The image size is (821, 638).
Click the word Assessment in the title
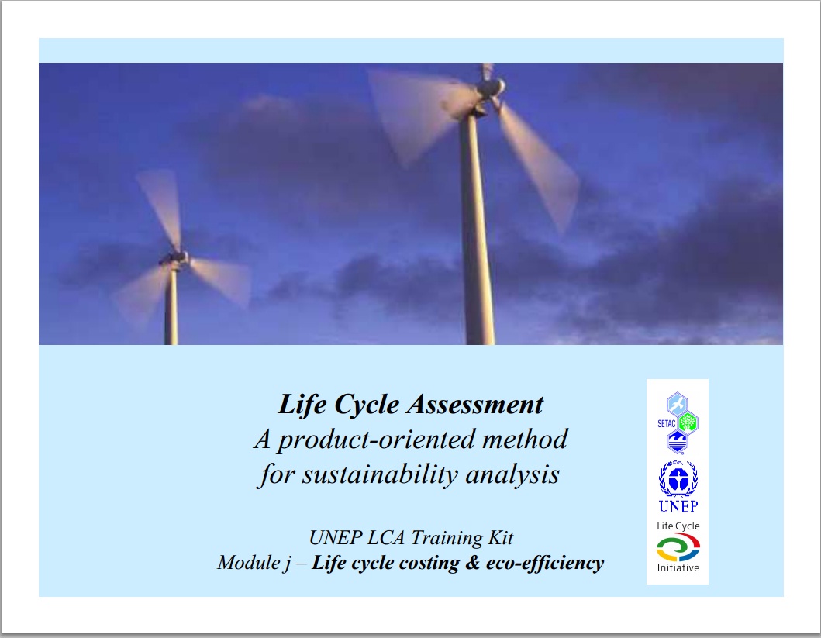click(x=475, y=405)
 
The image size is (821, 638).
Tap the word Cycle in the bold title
click(x=367, y=405)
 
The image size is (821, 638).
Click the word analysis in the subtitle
click(x=512, y=475)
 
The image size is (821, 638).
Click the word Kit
click(x=501, y=537)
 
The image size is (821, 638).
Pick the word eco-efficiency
click(x=545, y=563)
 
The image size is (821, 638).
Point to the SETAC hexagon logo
click(x=678, y=423)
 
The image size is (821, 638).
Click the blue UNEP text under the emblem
click(x=678, y=506)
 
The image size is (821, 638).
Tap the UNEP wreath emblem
click(x=678, y=478)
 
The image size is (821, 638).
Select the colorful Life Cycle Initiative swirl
click(x=678, y=547)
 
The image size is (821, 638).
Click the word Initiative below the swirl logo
click(x=678, y=568)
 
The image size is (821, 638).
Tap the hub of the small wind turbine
click(x=175, y=258)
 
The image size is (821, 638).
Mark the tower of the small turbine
click(x=171, y=305)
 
